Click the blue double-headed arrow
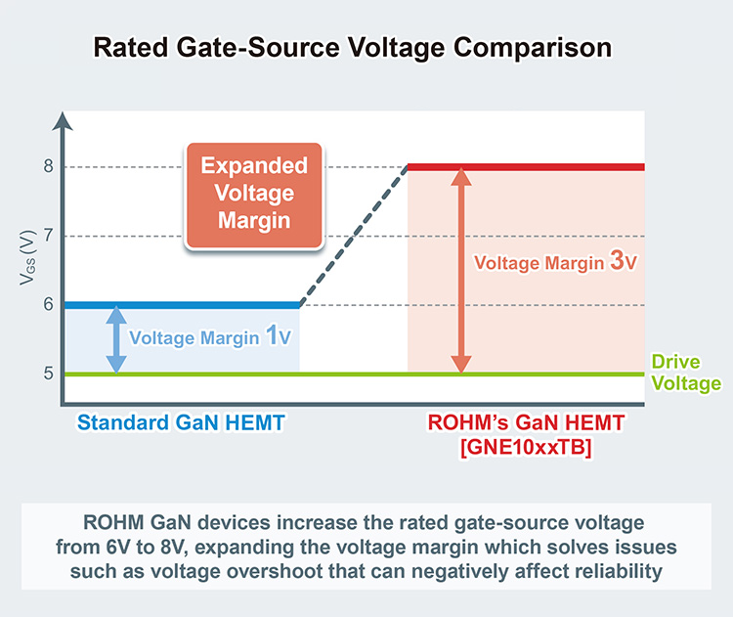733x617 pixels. point(116,339)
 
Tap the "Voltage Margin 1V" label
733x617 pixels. point(211,338)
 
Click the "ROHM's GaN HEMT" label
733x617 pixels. point(525,423)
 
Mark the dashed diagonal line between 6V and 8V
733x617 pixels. point(353,236)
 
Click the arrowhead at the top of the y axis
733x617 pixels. point(64,121)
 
